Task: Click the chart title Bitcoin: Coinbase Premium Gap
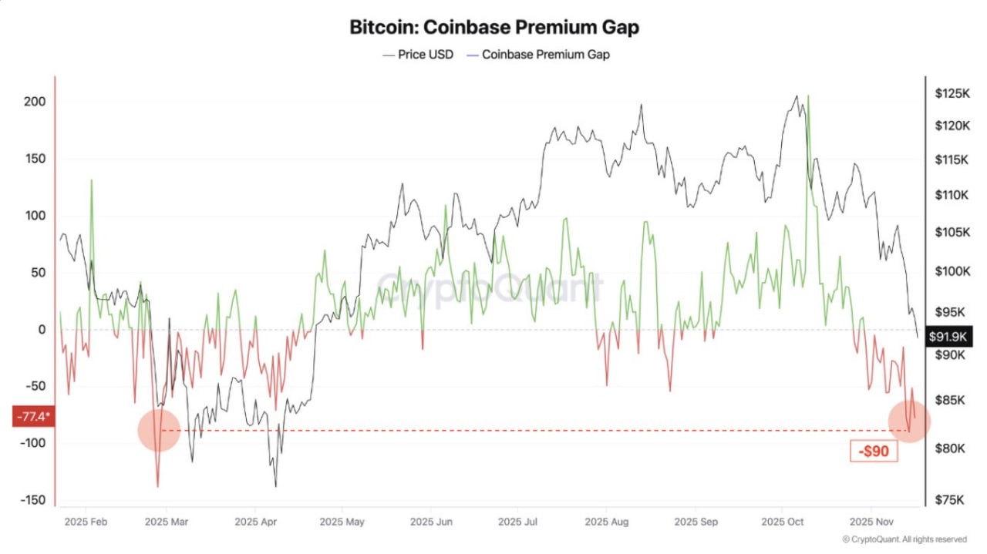493,27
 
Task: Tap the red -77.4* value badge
32,416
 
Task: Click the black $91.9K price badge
949,336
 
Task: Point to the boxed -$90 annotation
874,451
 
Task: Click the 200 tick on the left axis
34,102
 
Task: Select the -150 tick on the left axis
32,500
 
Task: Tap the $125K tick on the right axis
951,93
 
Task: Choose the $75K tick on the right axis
949,500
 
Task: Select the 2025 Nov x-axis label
871,522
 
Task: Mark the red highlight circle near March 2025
159,430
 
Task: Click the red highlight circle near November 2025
909,421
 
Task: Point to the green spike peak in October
807,96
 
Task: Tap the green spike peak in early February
92,180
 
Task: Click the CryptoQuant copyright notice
904,539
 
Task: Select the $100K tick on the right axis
951,271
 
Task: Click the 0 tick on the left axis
42,330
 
